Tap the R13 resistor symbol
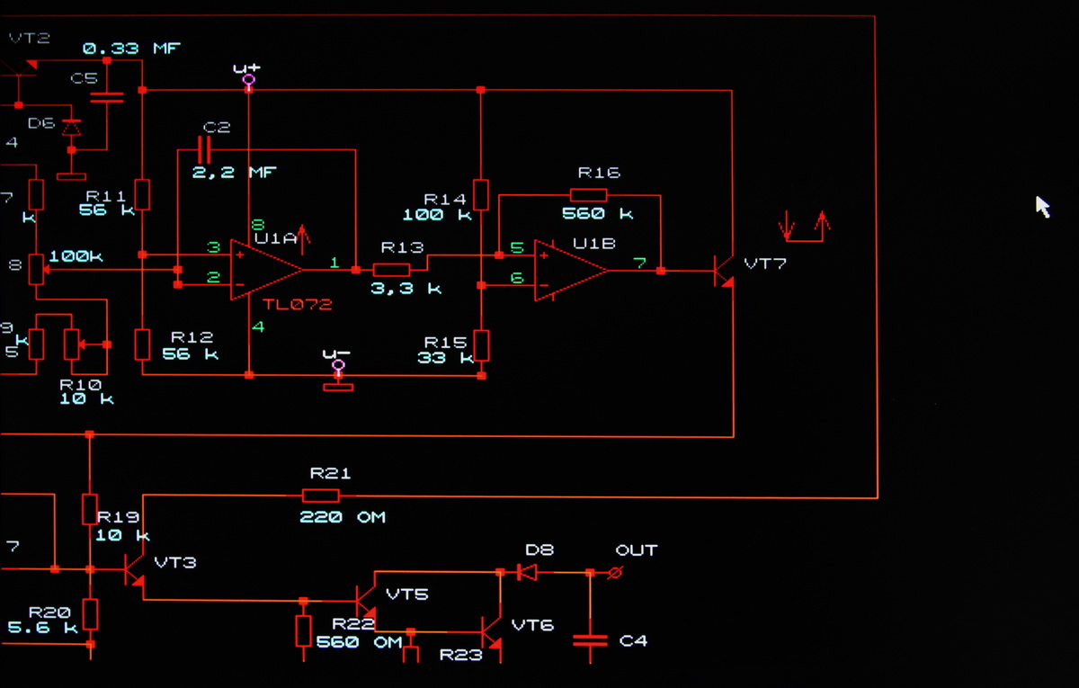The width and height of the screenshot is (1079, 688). click(x=391, y=269)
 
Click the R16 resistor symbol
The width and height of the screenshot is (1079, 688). click(x=588, y=194)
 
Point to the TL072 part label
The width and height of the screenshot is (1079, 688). click(x=297, y=305)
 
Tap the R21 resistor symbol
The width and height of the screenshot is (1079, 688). click(x=321, y=496)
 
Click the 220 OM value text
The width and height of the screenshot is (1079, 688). click(x=342, y=517)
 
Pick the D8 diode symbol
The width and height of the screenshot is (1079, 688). click(x=528, y=572)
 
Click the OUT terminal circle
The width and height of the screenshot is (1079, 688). click(x=615, y=572)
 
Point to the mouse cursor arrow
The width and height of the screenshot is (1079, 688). click(x=1042, y=207)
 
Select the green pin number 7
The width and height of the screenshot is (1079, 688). click(x=638, y=263)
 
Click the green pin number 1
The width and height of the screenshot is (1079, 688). click(x=334, y=262)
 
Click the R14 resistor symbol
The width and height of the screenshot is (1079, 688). click(x=481, y=193)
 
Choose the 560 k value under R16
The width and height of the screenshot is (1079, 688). click(x=597, y=214)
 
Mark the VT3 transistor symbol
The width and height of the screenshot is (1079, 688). click(x=133, y=570)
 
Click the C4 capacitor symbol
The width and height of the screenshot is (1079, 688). click(x=590, y=640)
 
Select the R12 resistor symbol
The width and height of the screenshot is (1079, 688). click(x=142, y=344)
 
